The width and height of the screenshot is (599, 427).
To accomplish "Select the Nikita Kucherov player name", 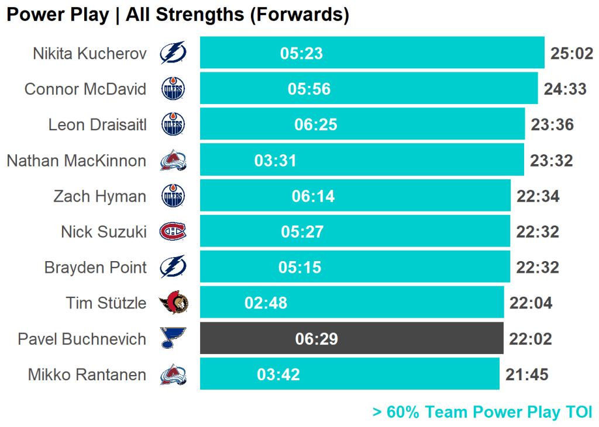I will [89, 54].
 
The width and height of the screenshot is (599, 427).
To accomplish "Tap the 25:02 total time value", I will [572, 54].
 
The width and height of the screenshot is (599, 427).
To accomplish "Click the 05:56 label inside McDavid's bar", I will [309, 89].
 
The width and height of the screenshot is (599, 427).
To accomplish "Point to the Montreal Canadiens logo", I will [173, 232].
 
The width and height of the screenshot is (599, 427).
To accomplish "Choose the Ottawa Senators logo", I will [173, 303].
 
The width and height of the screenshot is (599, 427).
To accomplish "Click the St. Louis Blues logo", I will [173, 338].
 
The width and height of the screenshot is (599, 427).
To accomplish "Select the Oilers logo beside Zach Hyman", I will [173, 196].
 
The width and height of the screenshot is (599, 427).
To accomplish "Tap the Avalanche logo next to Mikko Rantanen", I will [173, 374].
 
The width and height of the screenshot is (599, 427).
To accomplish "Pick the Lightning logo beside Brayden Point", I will [173, 268].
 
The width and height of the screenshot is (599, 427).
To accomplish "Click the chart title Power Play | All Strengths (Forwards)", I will [178, 15].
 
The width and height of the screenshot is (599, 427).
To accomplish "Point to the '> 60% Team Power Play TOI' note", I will [482, 412].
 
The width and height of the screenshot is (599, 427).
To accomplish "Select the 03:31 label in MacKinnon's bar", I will [276, 161].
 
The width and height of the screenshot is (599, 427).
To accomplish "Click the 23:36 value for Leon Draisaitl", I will [552, 125].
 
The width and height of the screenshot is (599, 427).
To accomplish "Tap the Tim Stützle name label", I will [106, 303].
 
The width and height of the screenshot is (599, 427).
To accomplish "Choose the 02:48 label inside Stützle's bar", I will [266, 303].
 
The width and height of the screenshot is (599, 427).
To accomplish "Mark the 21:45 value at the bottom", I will [527, 374].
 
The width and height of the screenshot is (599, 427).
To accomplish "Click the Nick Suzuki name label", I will [104, 232].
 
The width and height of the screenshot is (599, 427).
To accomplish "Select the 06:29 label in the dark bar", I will [316, 339].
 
